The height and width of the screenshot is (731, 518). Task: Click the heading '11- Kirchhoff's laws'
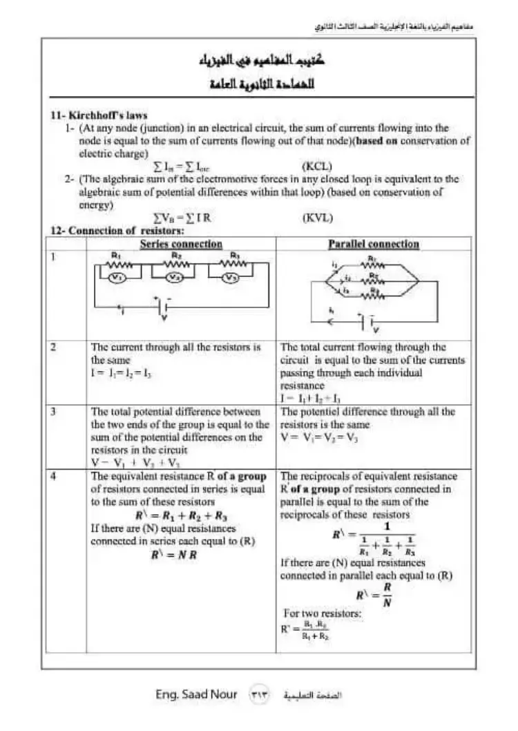tap(99, 115)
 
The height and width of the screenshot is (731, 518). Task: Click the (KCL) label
tap(318, 167)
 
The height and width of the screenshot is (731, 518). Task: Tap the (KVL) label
tap(318, 218)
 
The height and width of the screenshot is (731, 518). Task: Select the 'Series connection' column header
tap(181, 244)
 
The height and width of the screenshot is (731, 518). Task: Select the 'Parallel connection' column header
tap(373, 244)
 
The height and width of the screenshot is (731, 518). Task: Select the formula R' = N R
tap(174, 555)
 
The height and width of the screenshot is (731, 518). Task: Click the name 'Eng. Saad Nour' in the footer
tap(196, 694)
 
